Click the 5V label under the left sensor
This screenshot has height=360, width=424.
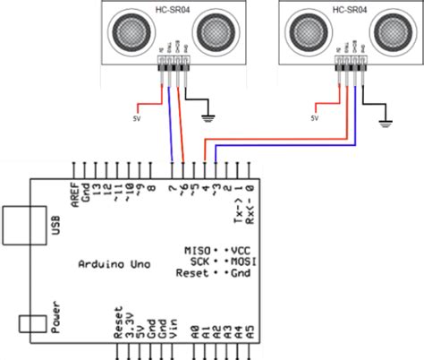point(136,117)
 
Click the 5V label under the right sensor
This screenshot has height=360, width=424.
point(314,117)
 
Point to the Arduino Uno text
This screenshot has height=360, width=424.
point(114,264)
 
